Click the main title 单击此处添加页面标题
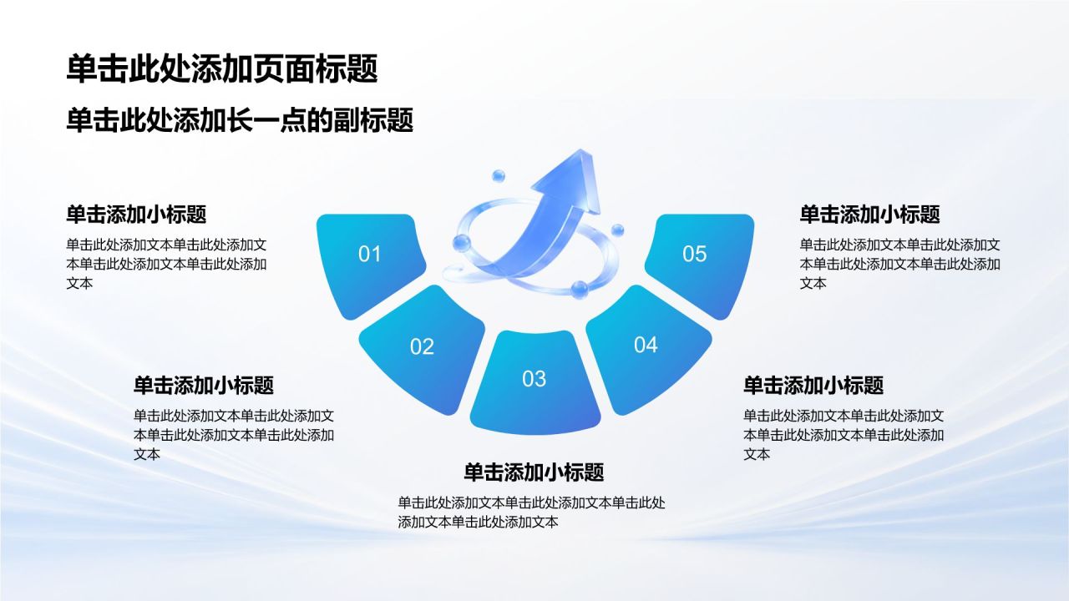click(x=222, y=69)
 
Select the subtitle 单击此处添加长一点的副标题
click(x=240, y=120)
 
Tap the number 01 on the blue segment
click(x=369, y=254)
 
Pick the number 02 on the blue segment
click(x=422, y=346)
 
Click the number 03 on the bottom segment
click(x=534, y=379)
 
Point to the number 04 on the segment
click(x=646, y=345)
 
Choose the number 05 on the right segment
click(x=694, y=254)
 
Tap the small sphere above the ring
click(x=499, y=176)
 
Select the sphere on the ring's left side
click(x=462, y=244)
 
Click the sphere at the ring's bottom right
click(x=580, y=290)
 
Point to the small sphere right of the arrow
click(x=617, y=230)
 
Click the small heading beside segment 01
click(x=136, y=215)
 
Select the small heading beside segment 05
click(x=870, y=215)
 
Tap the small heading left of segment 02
click(x=204, y=386)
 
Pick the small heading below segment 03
click(x=534, y=472)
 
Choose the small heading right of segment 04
click(x=813, y=386)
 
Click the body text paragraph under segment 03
click(x=532, y=513)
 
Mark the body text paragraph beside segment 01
click(x=166, y=264)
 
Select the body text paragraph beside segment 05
click(x=900, y=264)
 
